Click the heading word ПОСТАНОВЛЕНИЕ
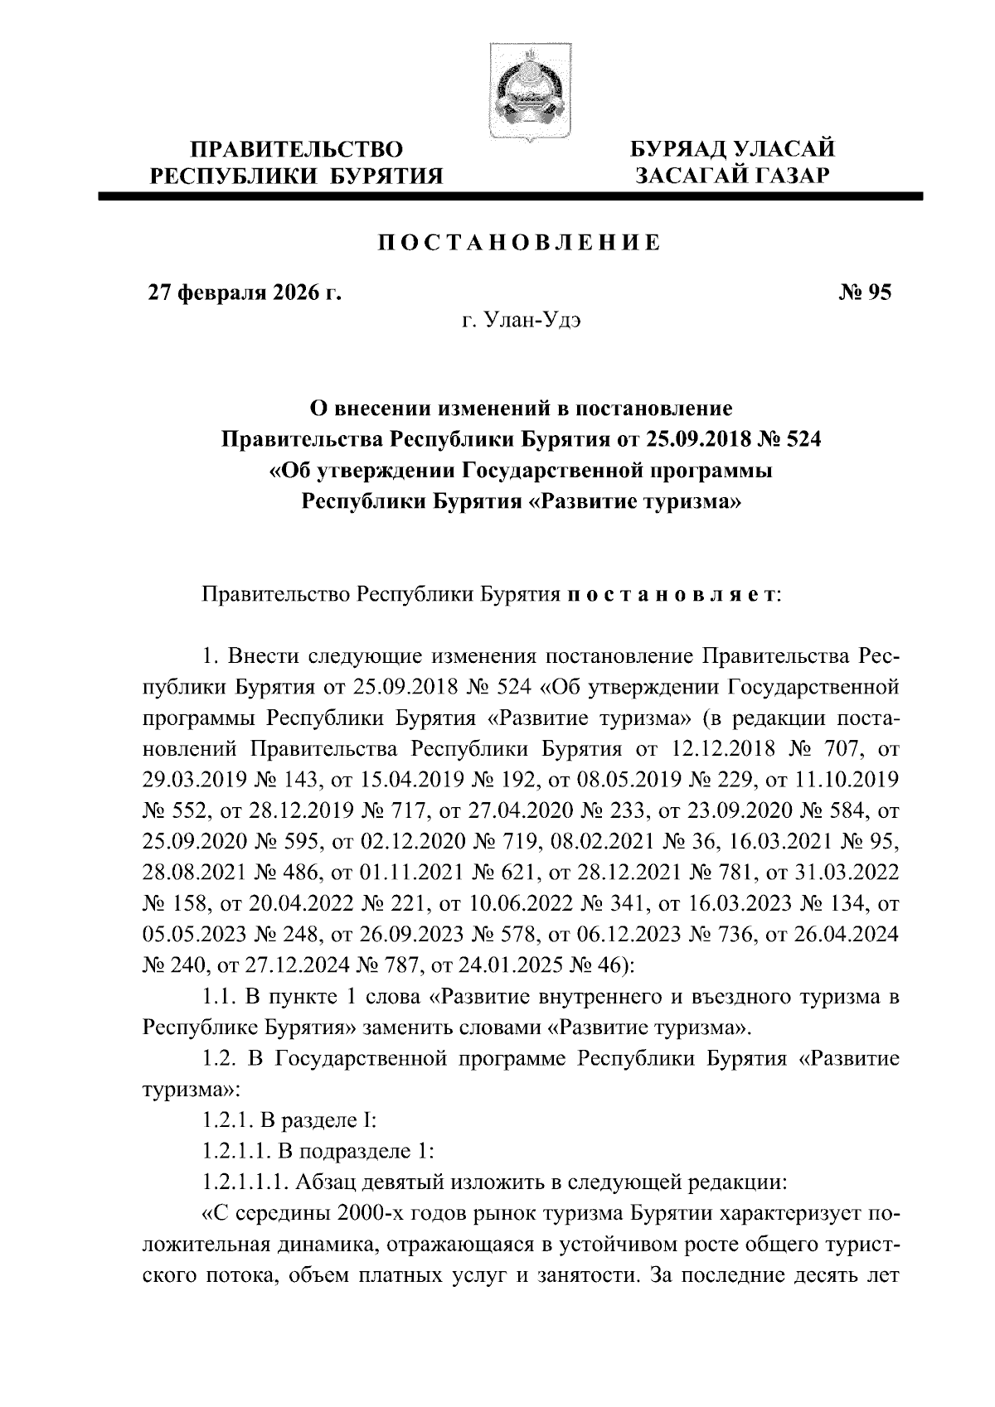coord(520,244)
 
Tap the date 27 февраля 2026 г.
coord(245,293)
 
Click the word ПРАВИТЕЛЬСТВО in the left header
coord(297,150)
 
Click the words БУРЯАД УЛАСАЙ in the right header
coord(733,150)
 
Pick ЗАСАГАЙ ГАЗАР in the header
coord(733,175)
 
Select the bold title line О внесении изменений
coord(520,409)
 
